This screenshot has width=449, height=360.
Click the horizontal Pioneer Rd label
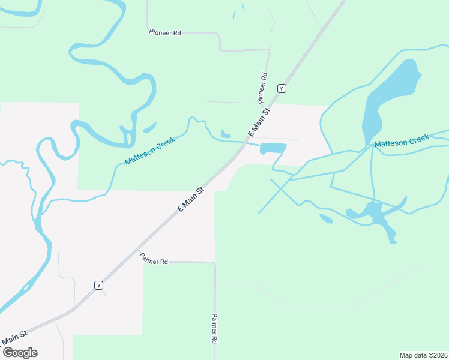tap(164, 32)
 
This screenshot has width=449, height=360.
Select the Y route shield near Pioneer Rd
tap(282, 88)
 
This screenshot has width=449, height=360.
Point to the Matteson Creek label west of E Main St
tap(149, 151)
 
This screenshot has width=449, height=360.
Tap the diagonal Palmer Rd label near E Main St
tap(154, 258)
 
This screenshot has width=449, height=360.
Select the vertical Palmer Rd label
tap(214, 329)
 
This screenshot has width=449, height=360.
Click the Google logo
tap(20, 352)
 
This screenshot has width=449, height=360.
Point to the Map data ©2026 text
tap(423, 355)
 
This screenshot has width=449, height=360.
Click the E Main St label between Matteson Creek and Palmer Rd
tap(191, 199)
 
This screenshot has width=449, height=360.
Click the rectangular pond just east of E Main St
tap(273, 148)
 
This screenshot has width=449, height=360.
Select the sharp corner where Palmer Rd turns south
tap(214, 262)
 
